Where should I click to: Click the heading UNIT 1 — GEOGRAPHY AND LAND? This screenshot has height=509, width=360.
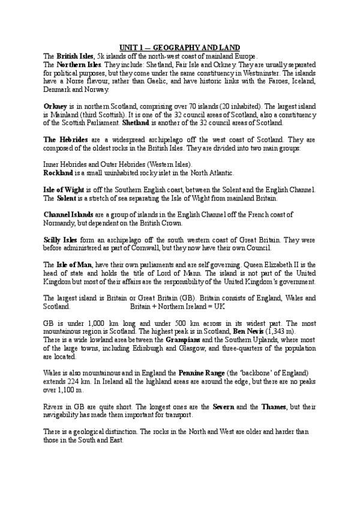[180, 47]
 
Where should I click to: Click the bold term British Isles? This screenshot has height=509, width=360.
[74, 55]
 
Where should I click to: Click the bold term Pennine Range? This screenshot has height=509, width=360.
[203, 373]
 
